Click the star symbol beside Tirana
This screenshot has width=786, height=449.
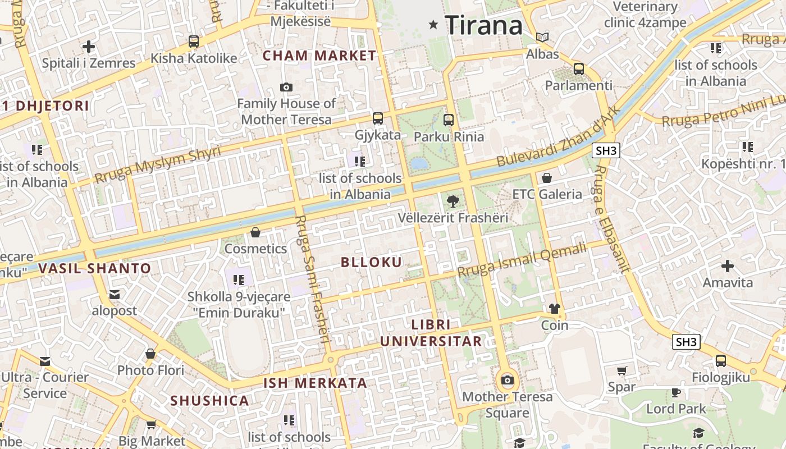click(x=433, y=25)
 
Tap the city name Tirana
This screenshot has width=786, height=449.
click(x=483, y=26)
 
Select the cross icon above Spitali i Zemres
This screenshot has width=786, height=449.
click(x=88, y=47)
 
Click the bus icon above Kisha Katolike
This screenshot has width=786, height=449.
click(x=194, y=42)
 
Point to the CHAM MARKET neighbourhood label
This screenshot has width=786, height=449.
click(x=319, y=56)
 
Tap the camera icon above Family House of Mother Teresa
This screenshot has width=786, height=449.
click(x=286, y=87)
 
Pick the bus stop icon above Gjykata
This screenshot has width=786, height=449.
click(x=378, y=118)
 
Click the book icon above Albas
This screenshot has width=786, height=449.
click(x=542, y=38)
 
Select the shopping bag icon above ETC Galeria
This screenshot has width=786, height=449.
click(x=547, y=178)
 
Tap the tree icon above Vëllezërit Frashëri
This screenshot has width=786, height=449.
click(x=452, y=201)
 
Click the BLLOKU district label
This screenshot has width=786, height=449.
click(x=371, y=262)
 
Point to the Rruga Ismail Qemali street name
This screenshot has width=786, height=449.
click(x=522, y=259)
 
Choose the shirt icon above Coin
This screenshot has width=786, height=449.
click(x=555, y=309)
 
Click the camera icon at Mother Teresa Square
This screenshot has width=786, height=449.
click(x=508, y=381)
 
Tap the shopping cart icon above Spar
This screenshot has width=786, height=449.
click(x=622, y=370)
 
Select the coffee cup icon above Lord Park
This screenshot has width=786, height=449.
click(x=676, y=392)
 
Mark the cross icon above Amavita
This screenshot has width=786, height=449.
click(x=728, y=265)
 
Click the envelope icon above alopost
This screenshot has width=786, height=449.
click(x=115, y=295)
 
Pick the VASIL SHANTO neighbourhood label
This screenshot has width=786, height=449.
click(x=95, y=268)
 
